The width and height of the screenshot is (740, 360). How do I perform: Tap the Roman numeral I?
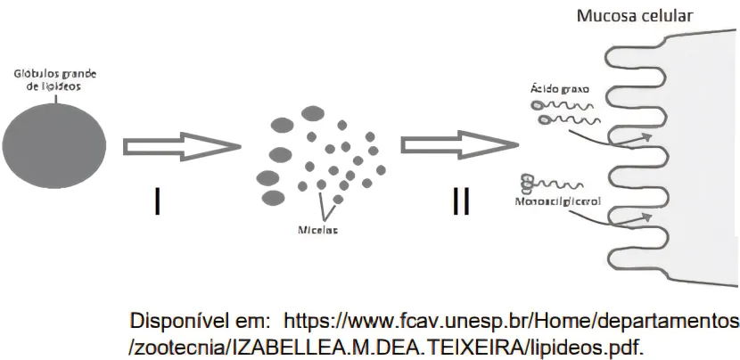pyautogui.click(x=157, y=202)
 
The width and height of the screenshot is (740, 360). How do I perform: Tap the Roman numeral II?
pyautogui.click(x=460, y=202)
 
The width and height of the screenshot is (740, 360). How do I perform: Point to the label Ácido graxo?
pyautogui.click(x=560, y=89)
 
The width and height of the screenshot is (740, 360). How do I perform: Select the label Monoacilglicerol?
pyautogui.click(x=559, y=202)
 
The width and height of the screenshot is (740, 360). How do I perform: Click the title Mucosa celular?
pyautogui.click(x=634, y=16)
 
